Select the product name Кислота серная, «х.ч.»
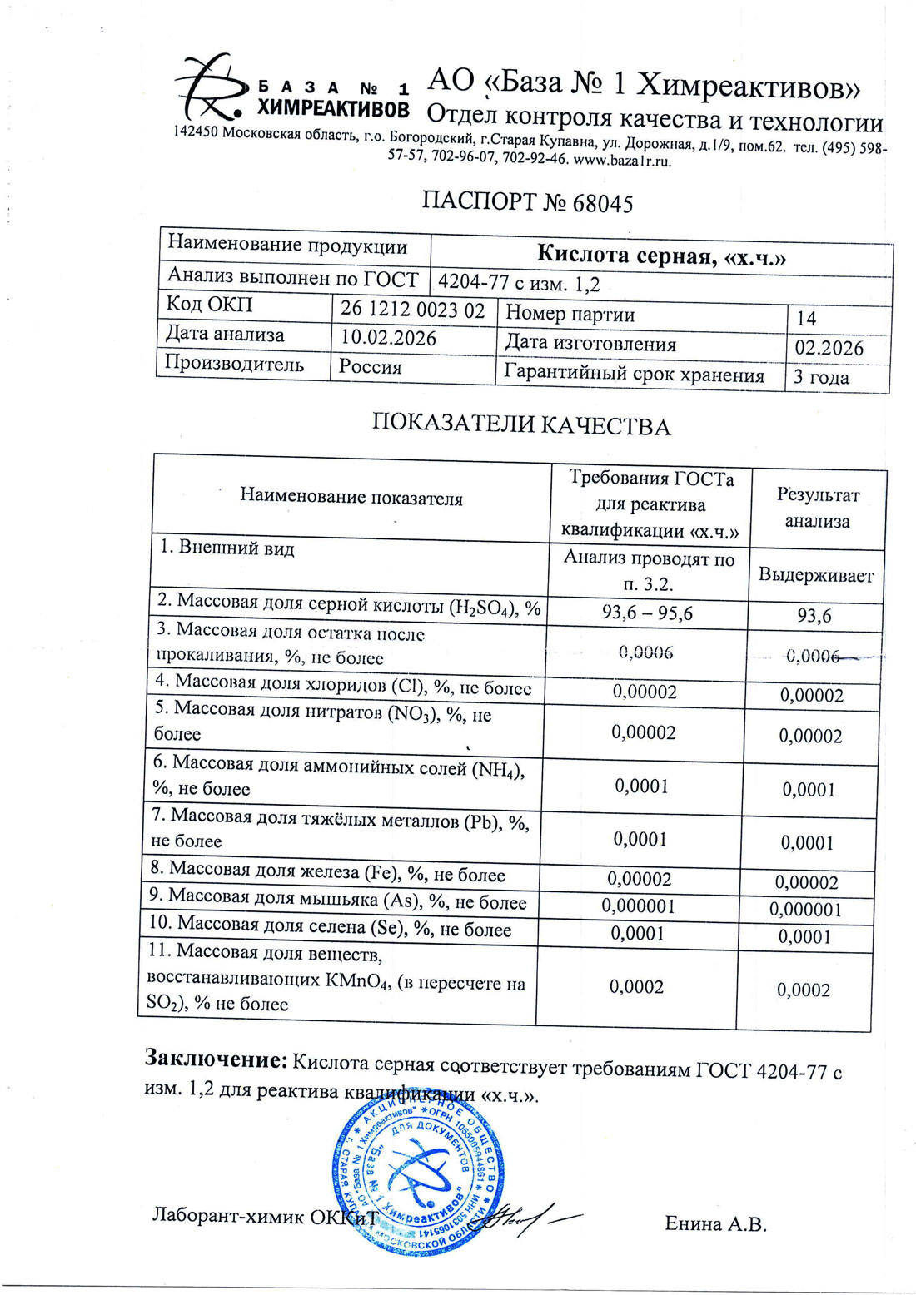tap(661, 255)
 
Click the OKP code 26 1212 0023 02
tap(412, 310)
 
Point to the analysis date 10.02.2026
tap(389, 338)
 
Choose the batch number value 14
tap(806, 318)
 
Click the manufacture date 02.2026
tap(829, 348)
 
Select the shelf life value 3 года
tap(821, 377)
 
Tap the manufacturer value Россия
tap(371, 367)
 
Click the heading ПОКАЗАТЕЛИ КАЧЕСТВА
tap(520, 425)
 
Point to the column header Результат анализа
tap(818, 509)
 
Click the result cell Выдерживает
tap(815, 575)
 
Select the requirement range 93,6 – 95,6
tap(647, 613)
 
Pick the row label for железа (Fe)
tap(327, 871)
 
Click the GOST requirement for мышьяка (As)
tap(638, 906)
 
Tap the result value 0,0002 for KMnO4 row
tap(804, 990)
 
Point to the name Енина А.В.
tap(715, 1223)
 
